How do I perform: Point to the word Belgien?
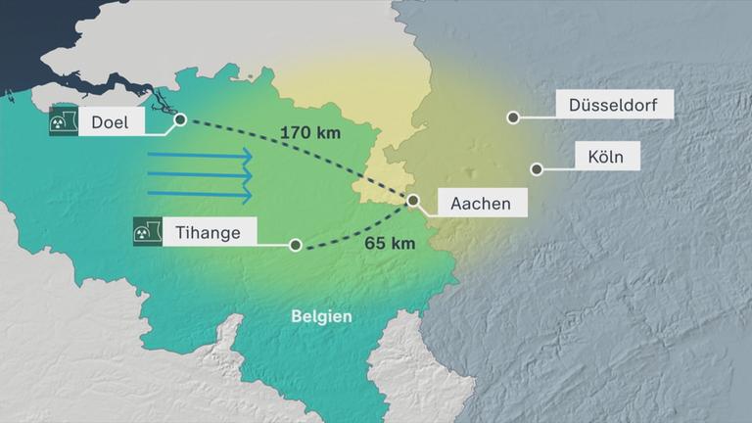321,316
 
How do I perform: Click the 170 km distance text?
310,132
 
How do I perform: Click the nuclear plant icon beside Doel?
64,120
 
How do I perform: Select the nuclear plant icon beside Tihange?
147,232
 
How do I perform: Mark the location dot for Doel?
180,120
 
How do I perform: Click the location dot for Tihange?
295,245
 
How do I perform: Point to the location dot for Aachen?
413,200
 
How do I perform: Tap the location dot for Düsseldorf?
512,117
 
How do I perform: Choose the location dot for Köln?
537,168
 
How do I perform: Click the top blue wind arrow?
200,157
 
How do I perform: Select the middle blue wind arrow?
200,176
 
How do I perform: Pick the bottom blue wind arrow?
200,195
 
